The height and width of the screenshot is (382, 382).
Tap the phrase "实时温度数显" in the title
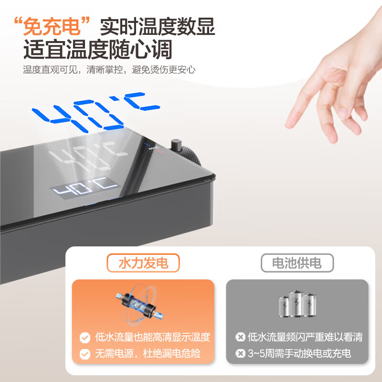pyautogui.click(x=158, y=26)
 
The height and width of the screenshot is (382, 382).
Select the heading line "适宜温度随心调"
pyautogui.click(x=98, y=49)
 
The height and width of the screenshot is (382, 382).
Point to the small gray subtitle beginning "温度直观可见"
pyautogui.click(x=109, y=70)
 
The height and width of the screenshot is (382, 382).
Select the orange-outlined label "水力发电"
pyautogui.click(x=143, y=263)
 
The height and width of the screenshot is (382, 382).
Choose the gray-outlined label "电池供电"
pyautogui.click(x=297, y=263)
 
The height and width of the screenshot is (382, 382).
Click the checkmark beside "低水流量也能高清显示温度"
pyautogui.click(x=85, y=338)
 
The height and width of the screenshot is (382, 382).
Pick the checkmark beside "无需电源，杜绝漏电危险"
pyautogui.click(x=85, y=354)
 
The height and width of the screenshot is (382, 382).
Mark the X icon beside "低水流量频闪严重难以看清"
pyautogui.click(x=240, y=338)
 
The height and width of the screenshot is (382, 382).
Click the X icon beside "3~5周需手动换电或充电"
pyautogui.click(x=240, y=354)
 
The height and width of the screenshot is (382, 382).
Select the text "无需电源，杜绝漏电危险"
pyautogui.click(x=147, y=354)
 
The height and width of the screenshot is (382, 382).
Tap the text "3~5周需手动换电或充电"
pyautogui.click(x=299, y=354)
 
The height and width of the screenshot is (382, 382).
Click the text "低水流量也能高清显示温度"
pyautogui.click(x=151, y=338)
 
